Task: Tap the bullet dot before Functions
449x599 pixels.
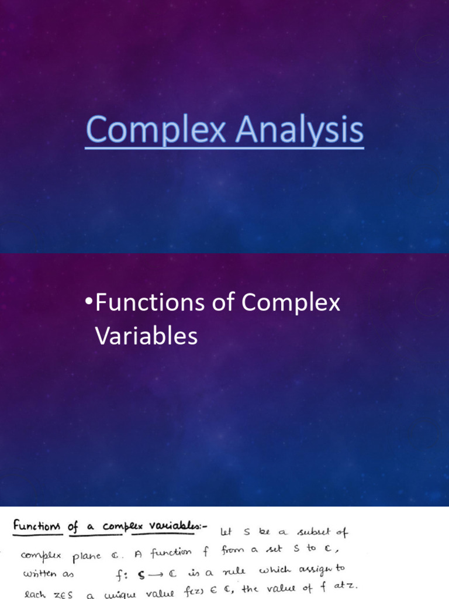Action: pos(88,302)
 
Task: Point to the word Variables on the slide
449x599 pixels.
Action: pos(146,336)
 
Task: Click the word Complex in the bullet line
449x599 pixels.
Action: pos(291,304)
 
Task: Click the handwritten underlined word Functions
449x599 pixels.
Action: pos(37,525)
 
